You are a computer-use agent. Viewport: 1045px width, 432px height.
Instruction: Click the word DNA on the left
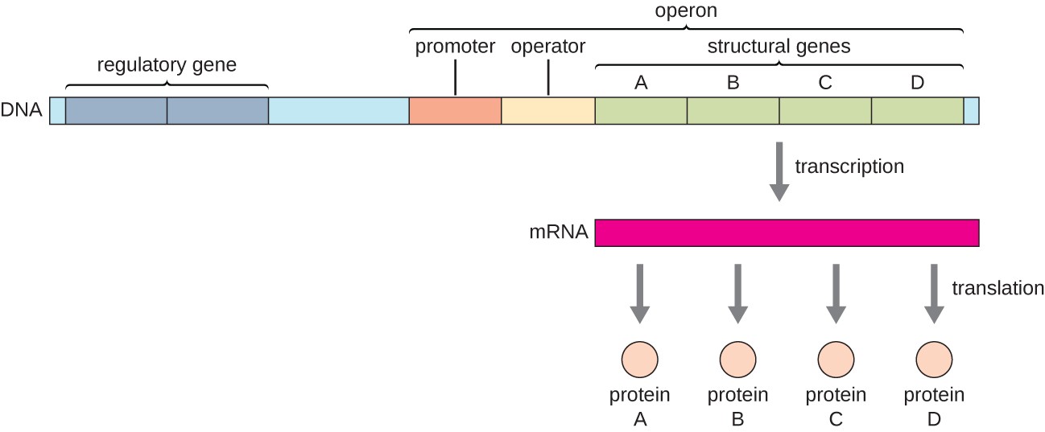22,110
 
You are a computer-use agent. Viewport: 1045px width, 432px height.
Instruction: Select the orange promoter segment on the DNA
455,111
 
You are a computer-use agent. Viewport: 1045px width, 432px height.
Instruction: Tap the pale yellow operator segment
547,111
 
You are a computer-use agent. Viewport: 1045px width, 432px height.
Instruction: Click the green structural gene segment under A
641,111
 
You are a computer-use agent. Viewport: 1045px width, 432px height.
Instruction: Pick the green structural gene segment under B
733,111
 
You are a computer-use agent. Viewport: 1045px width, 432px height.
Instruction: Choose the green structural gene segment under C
825,111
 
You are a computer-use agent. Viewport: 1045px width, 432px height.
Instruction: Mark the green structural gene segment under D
917,111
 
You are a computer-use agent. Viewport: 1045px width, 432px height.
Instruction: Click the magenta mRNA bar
787,232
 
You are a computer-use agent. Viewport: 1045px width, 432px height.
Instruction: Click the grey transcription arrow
779,171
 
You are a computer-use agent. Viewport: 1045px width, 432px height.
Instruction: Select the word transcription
849,167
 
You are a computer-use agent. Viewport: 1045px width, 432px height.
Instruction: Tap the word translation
997,288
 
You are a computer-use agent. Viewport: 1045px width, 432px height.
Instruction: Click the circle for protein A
641,357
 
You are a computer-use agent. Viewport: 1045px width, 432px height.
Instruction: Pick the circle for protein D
934,357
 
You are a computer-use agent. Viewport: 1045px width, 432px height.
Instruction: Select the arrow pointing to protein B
738,293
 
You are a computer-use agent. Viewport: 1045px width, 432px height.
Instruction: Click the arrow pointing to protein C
836,293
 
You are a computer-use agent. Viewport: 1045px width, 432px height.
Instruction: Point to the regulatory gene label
167,64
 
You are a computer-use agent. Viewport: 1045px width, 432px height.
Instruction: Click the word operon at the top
686,12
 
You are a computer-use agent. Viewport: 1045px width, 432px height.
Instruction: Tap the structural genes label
779,47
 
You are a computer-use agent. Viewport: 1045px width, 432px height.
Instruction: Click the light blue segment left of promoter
338,111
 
